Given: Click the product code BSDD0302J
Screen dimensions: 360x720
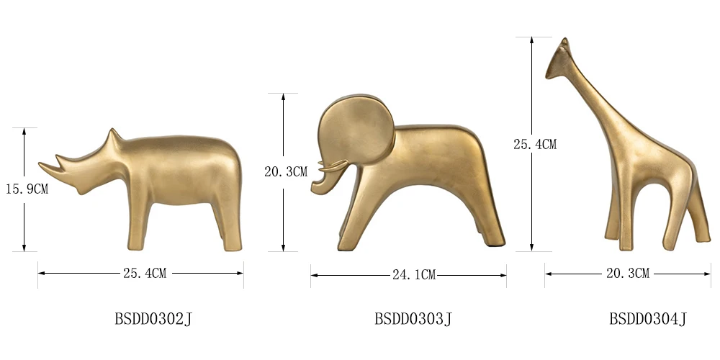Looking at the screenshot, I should click(153, 318).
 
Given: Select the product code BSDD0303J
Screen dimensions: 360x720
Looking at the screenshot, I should click(413, 318).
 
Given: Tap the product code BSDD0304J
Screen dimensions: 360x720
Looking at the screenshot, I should click(648, 318).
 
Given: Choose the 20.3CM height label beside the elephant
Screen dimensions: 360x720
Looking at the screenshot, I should click(286, 171).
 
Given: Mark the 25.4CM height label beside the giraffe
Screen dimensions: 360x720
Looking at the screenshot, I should click(534, 144).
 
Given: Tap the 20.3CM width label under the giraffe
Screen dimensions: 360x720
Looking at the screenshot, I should click(628, 274).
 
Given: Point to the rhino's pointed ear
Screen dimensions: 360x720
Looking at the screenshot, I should click(112, 136).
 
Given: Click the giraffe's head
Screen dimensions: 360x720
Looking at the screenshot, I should click(557, 60).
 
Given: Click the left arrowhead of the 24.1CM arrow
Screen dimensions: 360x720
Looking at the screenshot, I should click(315, 274).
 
